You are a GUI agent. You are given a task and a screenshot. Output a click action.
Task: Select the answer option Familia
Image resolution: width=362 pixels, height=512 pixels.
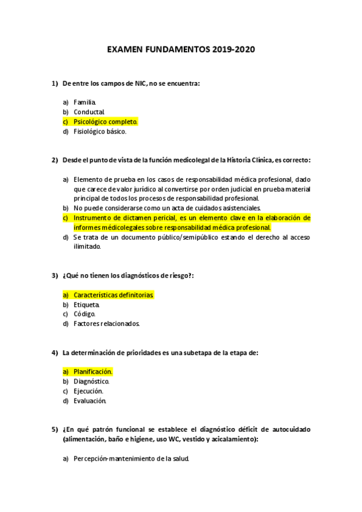click(x=85, y=102)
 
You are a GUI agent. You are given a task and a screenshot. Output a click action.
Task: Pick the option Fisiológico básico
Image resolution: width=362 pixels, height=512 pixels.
click(x=100, y=131)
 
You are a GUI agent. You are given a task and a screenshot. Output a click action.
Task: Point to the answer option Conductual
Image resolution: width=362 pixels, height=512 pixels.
click(x=89, y=112)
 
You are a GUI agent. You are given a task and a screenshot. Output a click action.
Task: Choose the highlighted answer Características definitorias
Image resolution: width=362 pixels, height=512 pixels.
click(x=114, y=295)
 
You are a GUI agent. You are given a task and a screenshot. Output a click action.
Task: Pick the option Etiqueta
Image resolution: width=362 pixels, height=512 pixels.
click(x=87, y=304)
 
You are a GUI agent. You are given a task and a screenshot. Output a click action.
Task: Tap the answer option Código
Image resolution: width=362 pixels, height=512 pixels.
click(x=85, y=314)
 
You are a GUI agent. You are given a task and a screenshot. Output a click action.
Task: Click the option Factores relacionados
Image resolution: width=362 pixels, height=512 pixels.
click(x=106, y=324)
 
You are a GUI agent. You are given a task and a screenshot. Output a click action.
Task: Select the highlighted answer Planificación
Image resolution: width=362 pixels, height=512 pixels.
click(x=93, y=372)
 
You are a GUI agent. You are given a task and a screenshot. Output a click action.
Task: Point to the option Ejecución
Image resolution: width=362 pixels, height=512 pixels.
click(x=88, y=391)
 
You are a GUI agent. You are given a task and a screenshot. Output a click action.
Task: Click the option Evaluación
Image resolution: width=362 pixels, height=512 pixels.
click(x=90, y=401)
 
